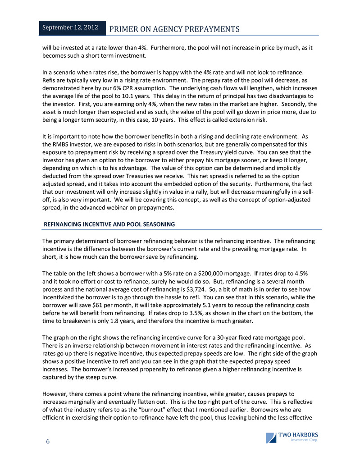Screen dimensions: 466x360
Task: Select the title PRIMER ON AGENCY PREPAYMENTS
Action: pos(174,29)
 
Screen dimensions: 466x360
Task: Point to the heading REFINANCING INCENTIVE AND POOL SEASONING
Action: pos(109,224)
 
